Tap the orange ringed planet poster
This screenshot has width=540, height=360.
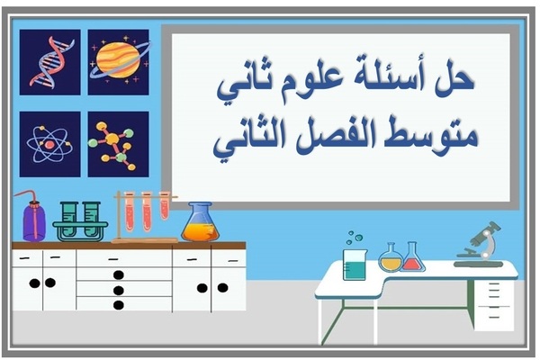point(118,61)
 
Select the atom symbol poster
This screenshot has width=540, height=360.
point(49,144)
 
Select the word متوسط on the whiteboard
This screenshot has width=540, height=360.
point(440,137)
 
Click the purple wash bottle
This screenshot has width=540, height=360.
point(34,219)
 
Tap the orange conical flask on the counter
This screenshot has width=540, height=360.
point(200,223)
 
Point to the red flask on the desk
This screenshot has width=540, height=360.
point(413,259)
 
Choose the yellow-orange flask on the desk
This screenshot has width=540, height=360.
point(391,259)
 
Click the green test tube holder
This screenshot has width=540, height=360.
point(80,221)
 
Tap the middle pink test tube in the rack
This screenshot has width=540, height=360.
point(147,213)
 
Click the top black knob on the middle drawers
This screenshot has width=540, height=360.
point(118,274)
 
